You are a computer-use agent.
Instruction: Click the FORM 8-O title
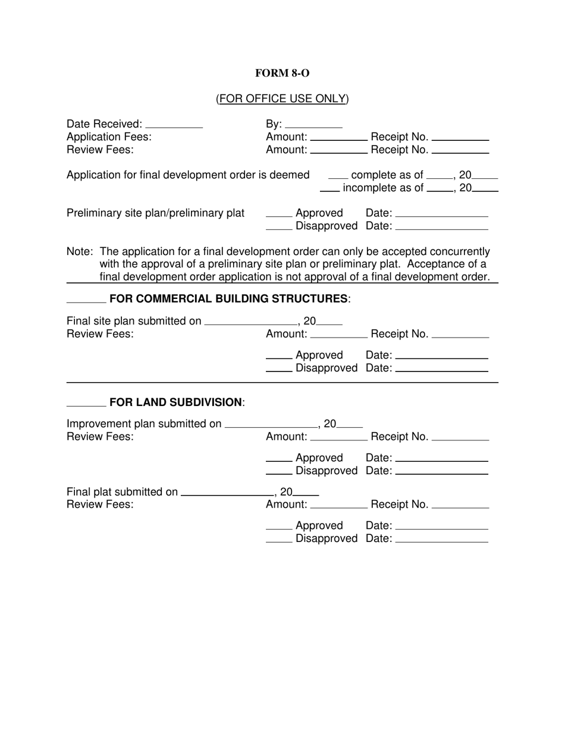[x=282, y=73]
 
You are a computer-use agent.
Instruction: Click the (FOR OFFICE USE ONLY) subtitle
[x=282, y=99]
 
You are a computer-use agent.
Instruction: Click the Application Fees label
[x=109, y=137]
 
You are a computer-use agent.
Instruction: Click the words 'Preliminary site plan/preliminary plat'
[x=155, y=213]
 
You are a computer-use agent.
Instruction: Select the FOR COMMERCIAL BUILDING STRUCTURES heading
[x=230, y=298]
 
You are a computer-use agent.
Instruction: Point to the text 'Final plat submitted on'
[x=122, y=491]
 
